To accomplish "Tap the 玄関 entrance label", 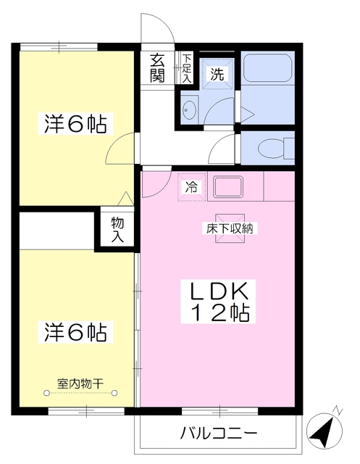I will tap(158, 67).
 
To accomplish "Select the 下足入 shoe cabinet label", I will tap(187, 68).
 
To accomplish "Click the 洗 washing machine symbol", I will tap(217, 72).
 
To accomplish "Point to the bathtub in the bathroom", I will tap(267, 68).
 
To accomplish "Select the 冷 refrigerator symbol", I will tap(192, 187).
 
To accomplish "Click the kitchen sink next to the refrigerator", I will tap(233, 187).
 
